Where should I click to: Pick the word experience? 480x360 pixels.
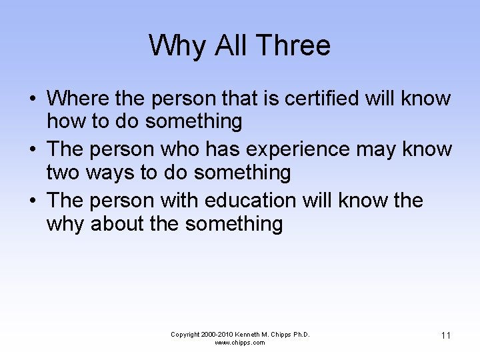click(299, 149)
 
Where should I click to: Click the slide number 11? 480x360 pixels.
click(445, 335)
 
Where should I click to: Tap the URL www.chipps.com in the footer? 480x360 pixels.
click(239, 343)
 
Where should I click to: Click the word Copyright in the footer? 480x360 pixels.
click(185, 335)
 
